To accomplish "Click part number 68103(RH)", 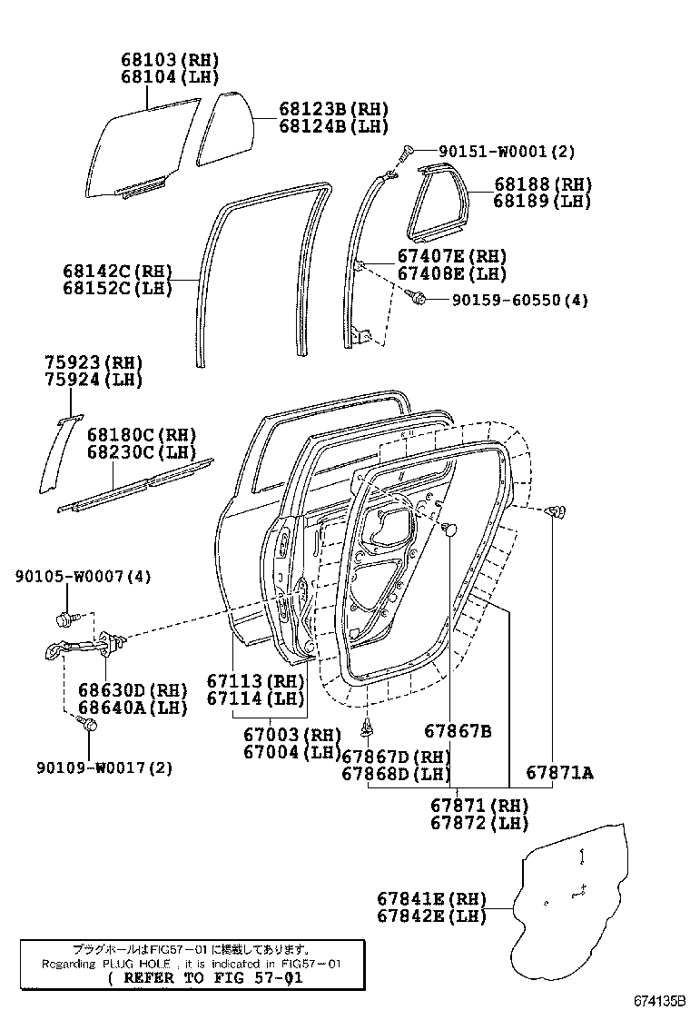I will (170, 60).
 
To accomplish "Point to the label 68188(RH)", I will (543, 183).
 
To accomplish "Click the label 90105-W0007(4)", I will (83, 576).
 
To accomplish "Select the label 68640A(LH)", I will (132, 707).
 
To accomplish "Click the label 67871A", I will (559, 773).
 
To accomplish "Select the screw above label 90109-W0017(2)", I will (89, 725).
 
